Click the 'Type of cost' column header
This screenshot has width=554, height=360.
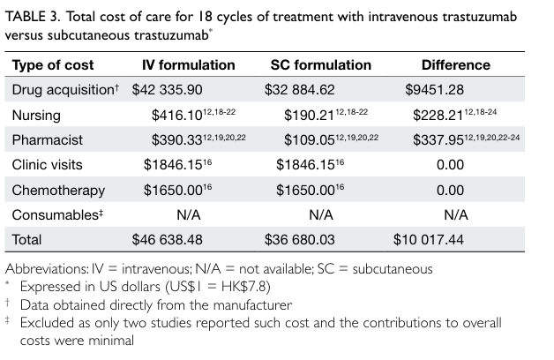pos(53,65)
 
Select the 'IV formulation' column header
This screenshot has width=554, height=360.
pos(189,65)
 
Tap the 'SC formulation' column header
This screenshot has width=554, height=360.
pos(320,65)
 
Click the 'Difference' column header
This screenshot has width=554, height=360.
pos(455,65)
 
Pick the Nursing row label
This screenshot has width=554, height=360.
pos(35,116)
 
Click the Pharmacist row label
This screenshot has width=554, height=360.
pos(44,140)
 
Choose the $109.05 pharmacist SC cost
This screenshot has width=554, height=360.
pos(306,140)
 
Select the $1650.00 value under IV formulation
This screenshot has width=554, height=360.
pos(174,190)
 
